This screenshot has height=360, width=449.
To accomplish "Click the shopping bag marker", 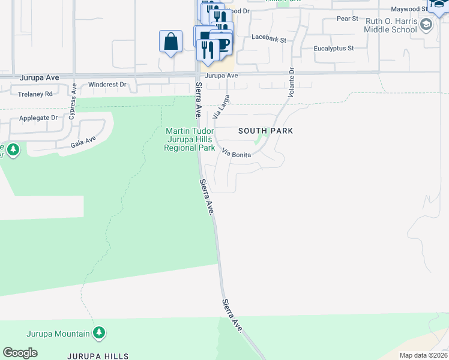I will click(x=170, y=42).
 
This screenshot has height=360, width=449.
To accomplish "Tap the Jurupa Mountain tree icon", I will click(x=100, y=332).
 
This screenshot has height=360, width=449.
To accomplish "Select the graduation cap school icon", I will click(x=426, y=25).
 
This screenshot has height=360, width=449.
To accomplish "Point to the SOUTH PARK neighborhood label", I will click(x=265, y=131).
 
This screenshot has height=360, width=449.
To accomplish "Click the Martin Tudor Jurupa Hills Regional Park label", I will click(x=190, y=139).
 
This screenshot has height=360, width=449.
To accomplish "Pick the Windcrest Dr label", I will click(x=107, y=85).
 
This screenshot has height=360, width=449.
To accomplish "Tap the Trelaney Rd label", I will click(x=35, y=94).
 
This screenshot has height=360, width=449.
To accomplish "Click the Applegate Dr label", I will click(x=38, y=118).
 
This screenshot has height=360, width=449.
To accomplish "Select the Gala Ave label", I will click(x=83, y=142).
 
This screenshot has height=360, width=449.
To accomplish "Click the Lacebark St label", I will click(x=269, y=37).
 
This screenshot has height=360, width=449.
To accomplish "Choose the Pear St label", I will click(x=347, y=19).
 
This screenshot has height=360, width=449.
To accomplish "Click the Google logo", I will click(x=20, y=353).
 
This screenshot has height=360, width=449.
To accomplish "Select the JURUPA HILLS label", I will click(x=99, y=356).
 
